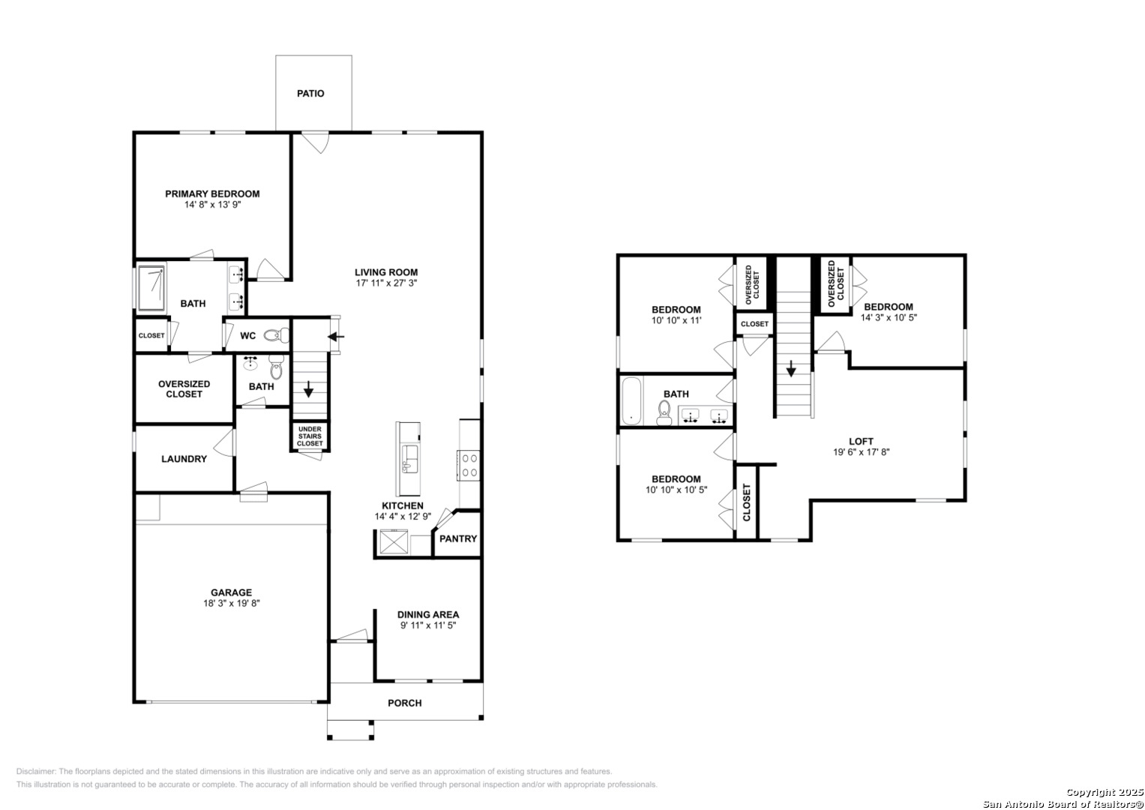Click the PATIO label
point(310,94)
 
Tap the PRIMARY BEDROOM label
point(212,193)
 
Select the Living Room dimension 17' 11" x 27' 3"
point(386,283)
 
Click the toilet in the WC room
point(276,335)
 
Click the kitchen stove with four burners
point(468,465)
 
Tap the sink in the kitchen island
point(410,459)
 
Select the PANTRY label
point(458,538)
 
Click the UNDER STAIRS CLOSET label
point(310,436)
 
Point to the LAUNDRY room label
point(184,459)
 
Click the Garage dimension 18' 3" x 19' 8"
point(232,603)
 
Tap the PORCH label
point(405,703)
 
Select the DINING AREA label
point(428,615)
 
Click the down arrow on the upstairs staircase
point(791,368)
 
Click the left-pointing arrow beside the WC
point(336,337)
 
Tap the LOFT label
point(862,441)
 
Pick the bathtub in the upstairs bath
point(631,401)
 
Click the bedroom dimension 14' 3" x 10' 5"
point(889,317)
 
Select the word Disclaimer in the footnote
point(36,771)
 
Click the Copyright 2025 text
point(1104,792)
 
